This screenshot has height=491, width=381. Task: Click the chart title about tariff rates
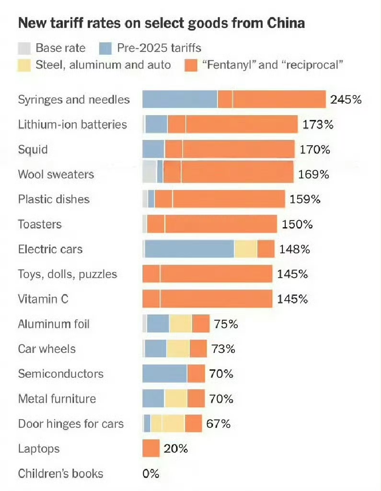[x=161, y=23]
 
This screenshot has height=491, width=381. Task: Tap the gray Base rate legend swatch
[x=24, y=48]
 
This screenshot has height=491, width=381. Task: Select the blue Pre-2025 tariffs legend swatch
[x=105, y=48]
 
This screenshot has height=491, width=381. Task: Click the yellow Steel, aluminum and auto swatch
[x=24, y=65]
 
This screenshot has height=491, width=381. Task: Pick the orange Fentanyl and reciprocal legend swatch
[x=190, y=65]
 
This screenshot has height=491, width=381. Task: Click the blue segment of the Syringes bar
[x=180, y=99]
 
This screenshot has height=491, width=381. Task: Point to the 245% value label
[x=346, y=100]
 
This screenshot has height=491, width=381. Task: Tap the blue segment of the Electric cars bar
[x=189, y=249]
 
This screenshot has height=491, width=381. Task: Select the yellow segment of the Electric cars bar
[x=245, y=249]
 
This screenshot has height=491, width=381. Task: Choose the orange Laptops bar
[x=151, y=449]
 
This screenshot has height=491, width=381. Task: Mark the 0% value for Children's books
[x=150, y=474]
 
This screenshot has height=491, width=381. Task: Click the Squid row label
[x=33, y=150]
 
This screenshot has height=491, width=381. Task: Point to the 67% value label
[x=219, y=424]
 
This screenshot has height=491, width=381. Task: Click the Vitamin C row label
[x=43, y=299]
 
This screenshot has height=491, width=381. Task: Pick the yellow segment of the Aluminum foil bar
[x=181, y=324]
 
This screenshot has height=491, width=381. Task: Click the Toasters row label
[x=40, y=224]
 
